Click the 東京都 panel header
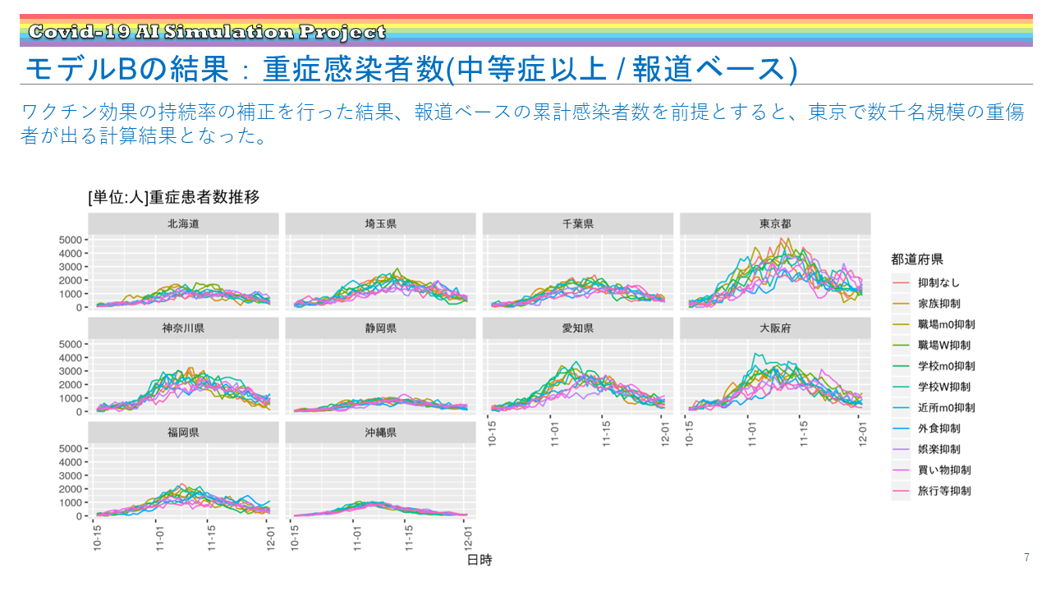[x=775, y=223]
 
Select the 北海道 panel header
[x=183, y=223]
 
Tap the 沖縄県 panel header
[x=380, y=432]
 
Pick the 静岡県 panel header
[x=380, y=328]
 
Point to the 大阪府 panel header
[x=775, y=328]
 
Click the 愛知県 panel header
[x=578, y=328]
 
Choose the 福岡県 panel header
[x=183, y=432]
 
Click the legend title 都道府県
[x=917, y=259]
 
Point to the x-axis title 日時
[x=480, y=560]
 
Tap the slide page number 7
[x=1026, y=558]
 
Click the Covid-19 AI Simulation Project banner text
[x=206, y=33]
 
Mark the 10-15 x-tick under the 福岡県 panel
[x=97, y=538]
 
